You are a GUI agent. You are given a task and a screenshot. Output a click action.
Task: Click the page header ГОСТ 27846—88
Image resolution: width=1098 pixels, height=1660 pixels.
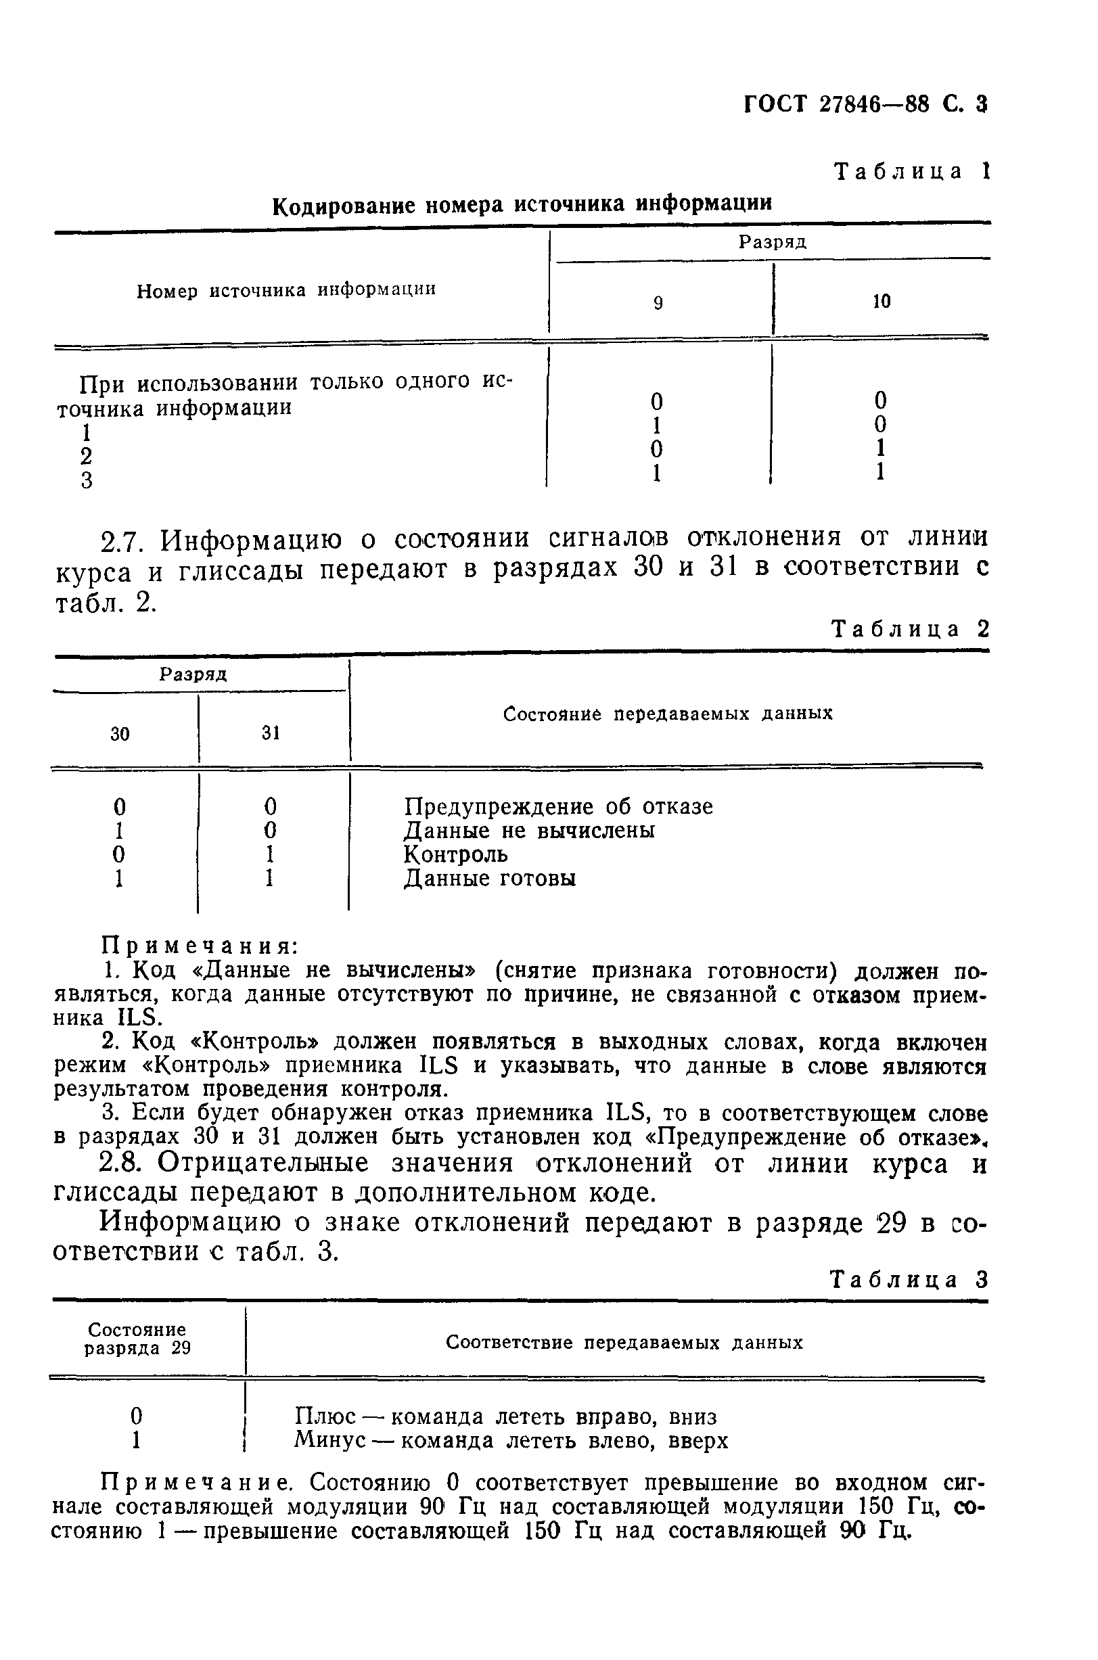coord(838,104)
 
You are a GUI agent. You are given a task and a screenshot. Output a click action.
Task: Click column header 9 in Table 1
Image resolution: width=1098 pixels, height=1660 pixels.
coord(658,303)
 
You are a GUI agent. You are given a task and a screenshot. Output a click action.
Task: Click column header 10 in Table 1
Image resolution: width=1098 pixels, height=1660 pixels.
coord(881,302)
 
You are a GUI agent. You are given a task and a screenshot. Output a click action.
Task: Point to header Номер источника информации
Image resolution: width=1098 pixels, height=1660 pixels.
coord(285,290)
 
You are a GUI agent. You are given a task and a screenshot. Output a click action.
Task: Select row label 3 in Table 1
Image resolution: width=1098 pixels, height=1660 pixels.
coord(86,481)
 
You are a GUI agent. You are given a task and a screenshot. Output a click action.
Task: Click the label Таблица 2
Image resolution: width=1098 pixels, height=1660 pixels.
coord(909,629)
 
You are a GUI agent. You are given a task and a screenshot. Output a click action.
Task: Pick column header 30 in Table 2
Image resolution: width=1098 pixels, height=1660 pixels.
coord(120,735)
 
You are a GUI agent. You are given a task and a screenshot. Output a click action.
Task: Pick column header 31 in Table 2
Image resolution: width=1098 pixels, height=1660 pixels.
coord(271,733)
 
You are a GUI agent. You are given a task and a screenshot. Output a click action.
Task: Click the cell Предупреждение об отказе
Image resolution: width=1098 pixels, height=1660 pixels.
coord(558,806)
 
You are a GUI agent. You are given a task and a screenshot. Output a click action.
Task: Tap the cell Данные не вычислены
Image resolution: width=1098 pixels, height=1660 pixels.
coord(530,831)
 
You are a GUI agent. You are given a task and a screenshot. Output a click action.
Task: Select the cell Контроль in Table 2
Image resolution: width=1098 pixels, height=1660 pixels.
coord(456,855)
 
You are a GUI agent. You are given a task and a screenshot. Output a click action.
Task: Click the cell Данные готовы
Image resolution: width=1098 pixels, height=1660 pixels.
coord(490,879)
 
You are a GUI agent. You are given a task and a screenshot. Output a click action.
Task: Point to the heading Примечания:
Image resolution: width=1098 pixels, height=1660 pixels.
coord(200,946)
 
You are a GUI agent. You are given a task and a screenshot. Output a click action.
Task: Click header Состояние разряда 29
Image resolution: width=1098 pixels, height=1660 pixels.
coord(137,1339)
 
